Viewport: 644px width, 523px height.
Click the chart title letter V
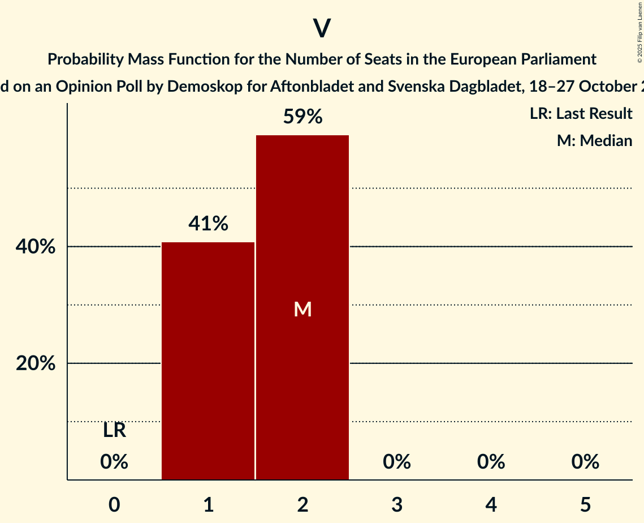click(322, 29)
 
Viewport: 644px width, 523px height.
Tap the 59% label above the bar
click(302, 117)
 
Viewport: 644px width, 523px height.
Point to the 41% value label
click(208, 224)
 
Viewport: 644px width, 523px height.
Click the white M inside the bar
click(302, 309)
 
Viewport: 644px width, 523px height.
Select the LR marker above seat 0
click(114, 431)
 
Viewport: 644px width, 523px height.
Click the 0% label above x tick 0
click(114, 462)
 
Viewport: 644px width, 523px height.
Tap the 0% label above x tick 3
click(397, 462)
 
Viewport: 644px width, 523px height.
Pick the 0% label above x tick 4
click(491, 462)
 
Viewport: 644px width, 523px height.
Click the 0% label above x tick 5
click(585, 462)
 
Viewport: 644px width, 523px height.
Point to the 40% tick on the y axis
click(36, 247)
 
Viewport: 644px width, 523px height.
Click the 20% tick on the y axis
click(36, 363)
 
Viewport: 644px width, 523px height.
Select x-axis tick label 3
click(397, 504)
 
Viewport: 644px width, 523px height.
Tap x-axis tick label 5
click(585, 504)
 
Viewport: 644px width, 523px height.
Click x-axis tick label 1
click(208, 504)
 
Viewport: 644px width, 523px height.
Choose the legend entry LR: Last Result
click(581, 114)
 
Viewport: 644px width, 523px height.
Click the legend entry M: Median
click(594, 140)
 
